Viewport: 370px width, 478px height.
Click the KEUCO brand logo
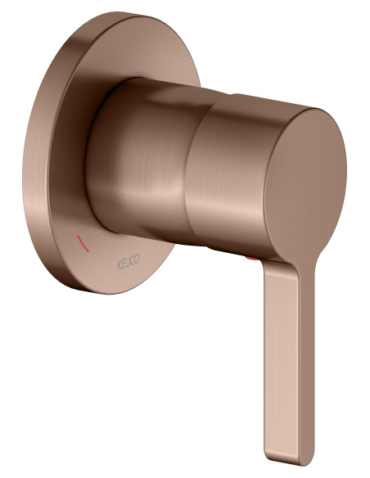pos(129,263)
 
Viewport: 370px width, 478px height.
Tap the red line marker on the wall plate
pos(83,243)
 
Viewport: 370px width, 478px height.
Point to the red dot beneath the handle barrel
pos(252,259)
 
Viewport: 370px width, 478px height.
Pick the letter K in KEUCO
pos(120,266)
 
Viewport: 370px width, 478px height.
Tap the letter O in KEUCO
pos(138,259)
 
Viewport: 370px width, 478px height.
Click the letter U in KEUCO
pos(129,263)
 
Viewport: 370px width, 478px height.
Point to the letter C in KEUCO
pos(133,261)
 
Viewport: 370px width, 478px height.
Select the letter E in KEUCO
pos(124,264)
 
